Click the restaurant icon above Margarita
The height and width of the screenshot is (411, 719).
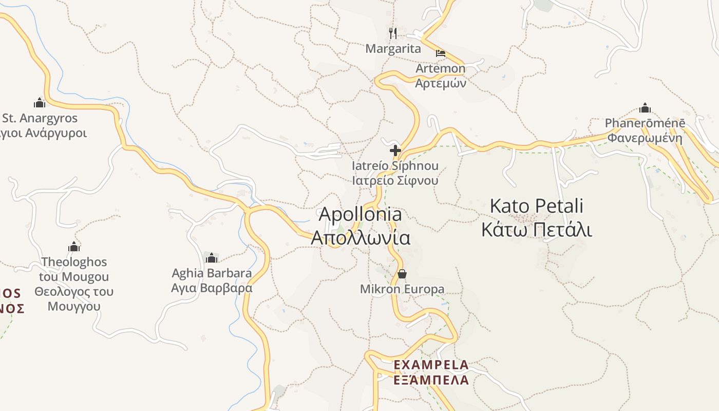(393, 33)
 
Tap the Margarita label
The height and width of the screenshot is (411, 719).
(393, 49)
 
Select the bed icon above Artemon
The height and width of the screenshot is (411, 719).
(440, 53)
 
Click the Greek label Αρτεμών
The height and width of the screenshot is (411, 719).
(440, 83)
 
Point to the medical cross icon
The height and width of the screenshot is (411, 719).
(395, 151)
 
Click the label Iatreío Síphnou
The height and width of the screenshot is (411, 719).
(395, 166)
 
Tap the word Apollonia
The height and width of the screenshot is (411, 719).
(361, 214)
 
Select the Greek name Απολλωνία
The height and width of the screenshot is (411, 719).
(361, 238)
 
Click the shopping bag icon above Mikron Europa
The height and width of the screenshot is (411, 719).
(402, 274)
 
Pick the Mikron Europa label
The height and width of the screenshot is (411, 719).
(402, 289)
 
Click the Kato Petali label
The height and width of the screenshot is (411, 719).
(536, 206)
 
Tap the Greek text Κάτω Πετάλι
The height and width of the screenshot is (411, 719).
(536, 230)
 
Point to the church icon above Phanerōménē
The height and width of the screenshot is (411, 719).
(645, 108)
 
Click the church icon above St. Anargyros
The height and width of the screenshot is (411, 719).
(40, 102)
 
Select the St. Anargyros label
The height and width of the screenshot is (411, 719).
(40, 118)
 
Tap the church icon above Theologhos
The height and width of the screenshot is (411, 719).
(74, 247)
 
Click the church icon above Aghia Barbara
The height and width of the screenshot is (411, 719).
(211, 257)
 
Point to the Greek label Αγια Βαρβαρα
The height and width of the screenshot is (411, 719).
(212, 288)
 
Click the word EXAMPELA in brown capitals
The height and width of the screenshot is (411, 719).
(431, 365)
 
